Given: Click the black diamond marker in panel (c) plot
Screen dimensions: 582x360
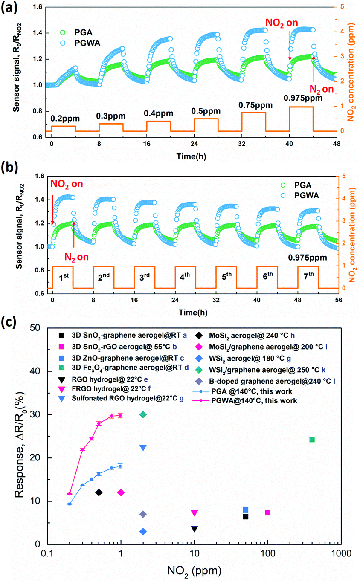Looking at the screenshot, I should (x=99, y=492).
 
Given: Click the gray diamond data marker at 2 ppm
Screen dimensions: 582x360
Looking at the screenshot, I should (x=143, y=514).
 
